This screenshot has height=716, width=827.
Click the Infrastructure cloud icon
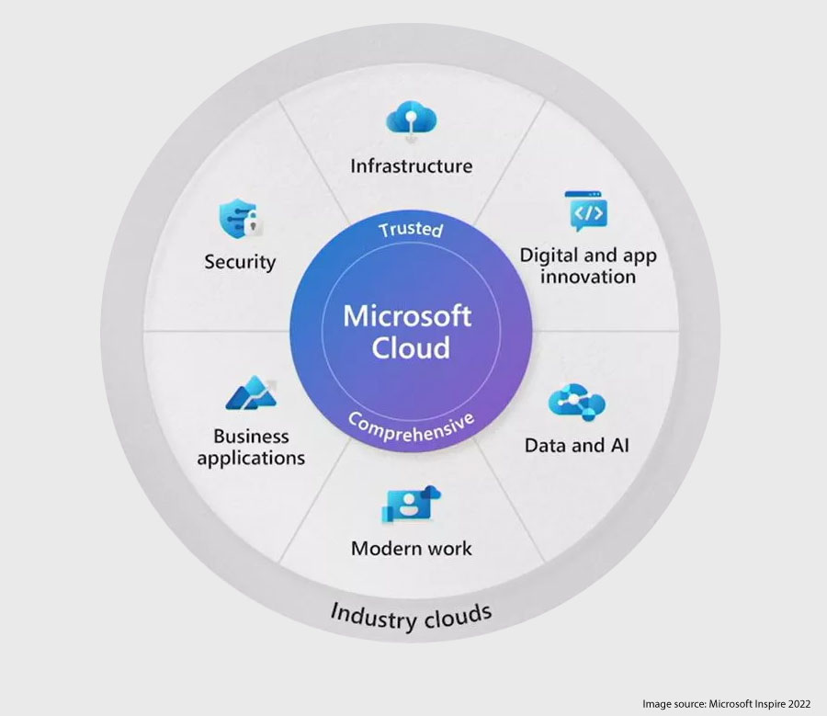[x=411, y=120]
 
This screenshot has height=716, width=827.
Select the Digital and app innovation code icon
[x=585, y=212]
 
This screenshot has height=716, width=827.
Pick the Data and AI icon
[x=576, y=403]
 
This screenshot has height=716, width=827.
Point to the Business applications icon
[x=250, y=393]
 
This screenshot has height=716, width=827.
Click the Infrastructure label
[x=411, y=166]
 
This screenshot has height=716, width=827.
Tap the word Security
[x=240, y=262]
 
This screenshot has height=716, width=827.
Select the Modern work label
[x=411, y=549]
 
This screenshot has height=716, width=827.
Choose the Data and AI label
[x=576, y=446]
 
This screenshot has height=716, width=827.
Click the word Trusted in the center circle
[x=411, y=228]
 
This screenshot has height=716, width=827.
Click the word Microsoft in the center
[x=407, y=315]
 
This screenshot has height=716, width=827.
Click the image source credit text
[x=726, y=703]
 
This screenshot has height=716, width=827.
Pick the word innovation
[x=588, y=277]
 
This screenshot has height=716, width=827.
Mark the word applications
[x=251, y=458]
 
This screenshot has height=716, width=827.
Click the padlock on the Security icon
[x=255, y=226]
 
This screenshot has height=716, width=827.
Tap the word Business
[x=251, y=436]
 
